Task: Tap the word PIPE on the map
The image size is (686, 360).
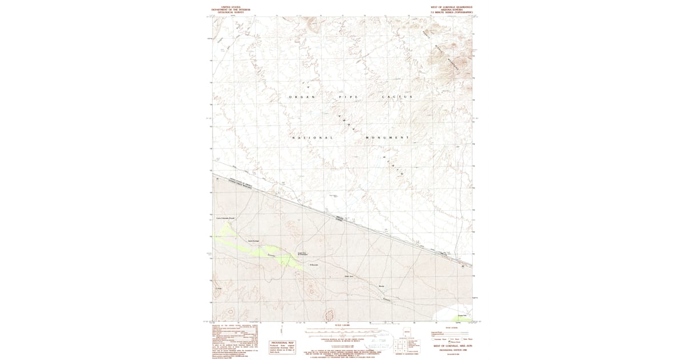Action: [x=348, y=98]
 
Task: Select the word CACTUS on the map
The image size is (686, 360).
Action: [x=396, y=98]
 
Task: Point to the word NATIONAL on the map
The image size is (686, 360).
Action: [x=313, y=138]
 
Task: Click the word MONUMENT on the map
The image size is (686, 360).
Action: [x=386, y=138]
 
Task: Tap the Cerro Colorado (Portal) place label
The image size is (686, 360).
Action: [x=225, y=218]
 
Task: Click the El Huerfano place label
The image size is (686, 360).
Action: [x=313, y=265]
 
